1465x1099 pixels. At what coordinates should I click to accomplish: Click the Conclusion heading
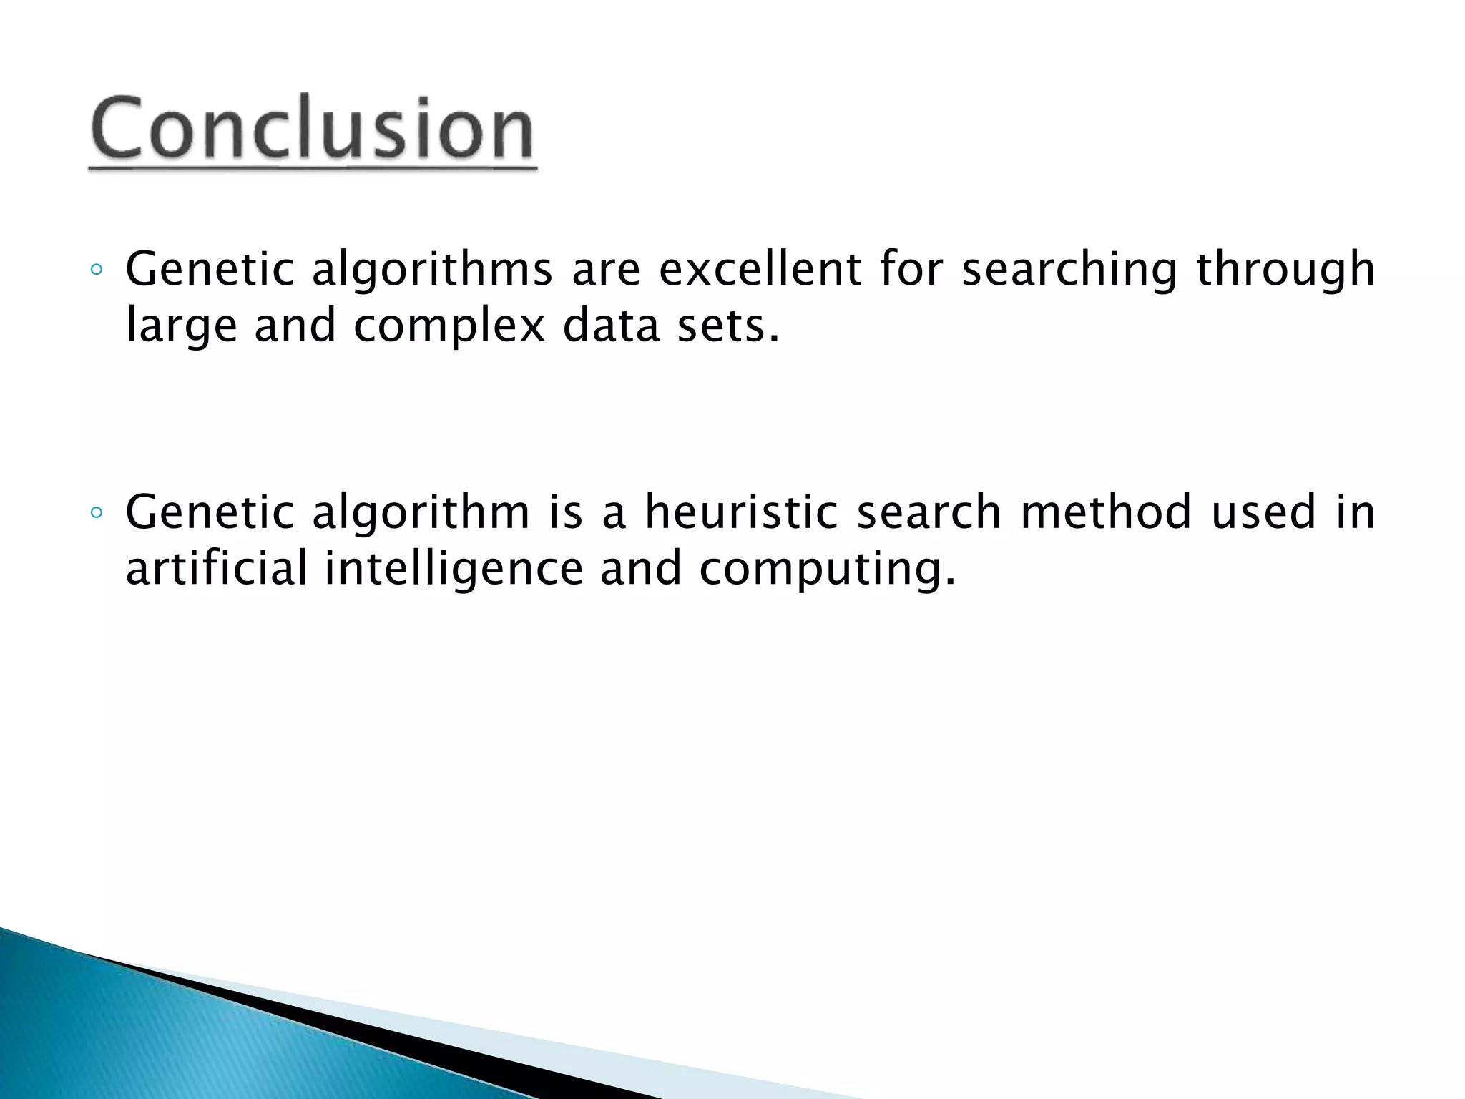312,129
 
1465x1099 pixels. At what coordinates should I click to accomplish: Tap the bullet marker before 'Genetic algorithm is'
97,514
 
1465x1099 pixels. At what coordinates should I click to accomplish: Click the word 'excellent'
760,269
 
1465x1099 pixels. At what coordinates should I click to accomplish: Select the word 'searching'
1069,270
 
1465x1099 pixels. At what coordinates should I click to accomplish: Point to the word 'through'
1285,270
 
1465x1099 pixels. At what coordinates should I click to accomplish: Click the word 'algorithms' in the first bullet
432,270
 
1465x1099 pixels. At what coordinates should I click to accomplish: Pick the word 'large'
181,326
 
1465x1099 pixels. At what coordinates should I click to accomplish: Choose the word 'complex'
449,326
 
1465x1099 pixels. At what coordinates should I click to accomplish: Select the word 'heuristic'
741,512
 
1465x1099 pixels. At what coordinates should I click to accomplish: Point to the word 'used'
1263,512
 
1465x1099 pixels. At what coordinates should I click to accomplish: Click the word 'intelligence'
454,569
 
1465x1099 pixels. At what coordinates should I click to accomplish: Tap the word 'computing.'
827,569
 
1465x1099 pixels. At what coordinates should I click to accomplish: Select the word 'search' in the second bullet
929,512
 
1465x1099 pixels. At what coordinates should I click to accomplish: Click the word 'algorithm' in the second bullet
421,512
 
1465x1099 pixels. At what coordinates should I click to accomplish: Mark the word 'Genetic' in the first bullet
210,269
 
